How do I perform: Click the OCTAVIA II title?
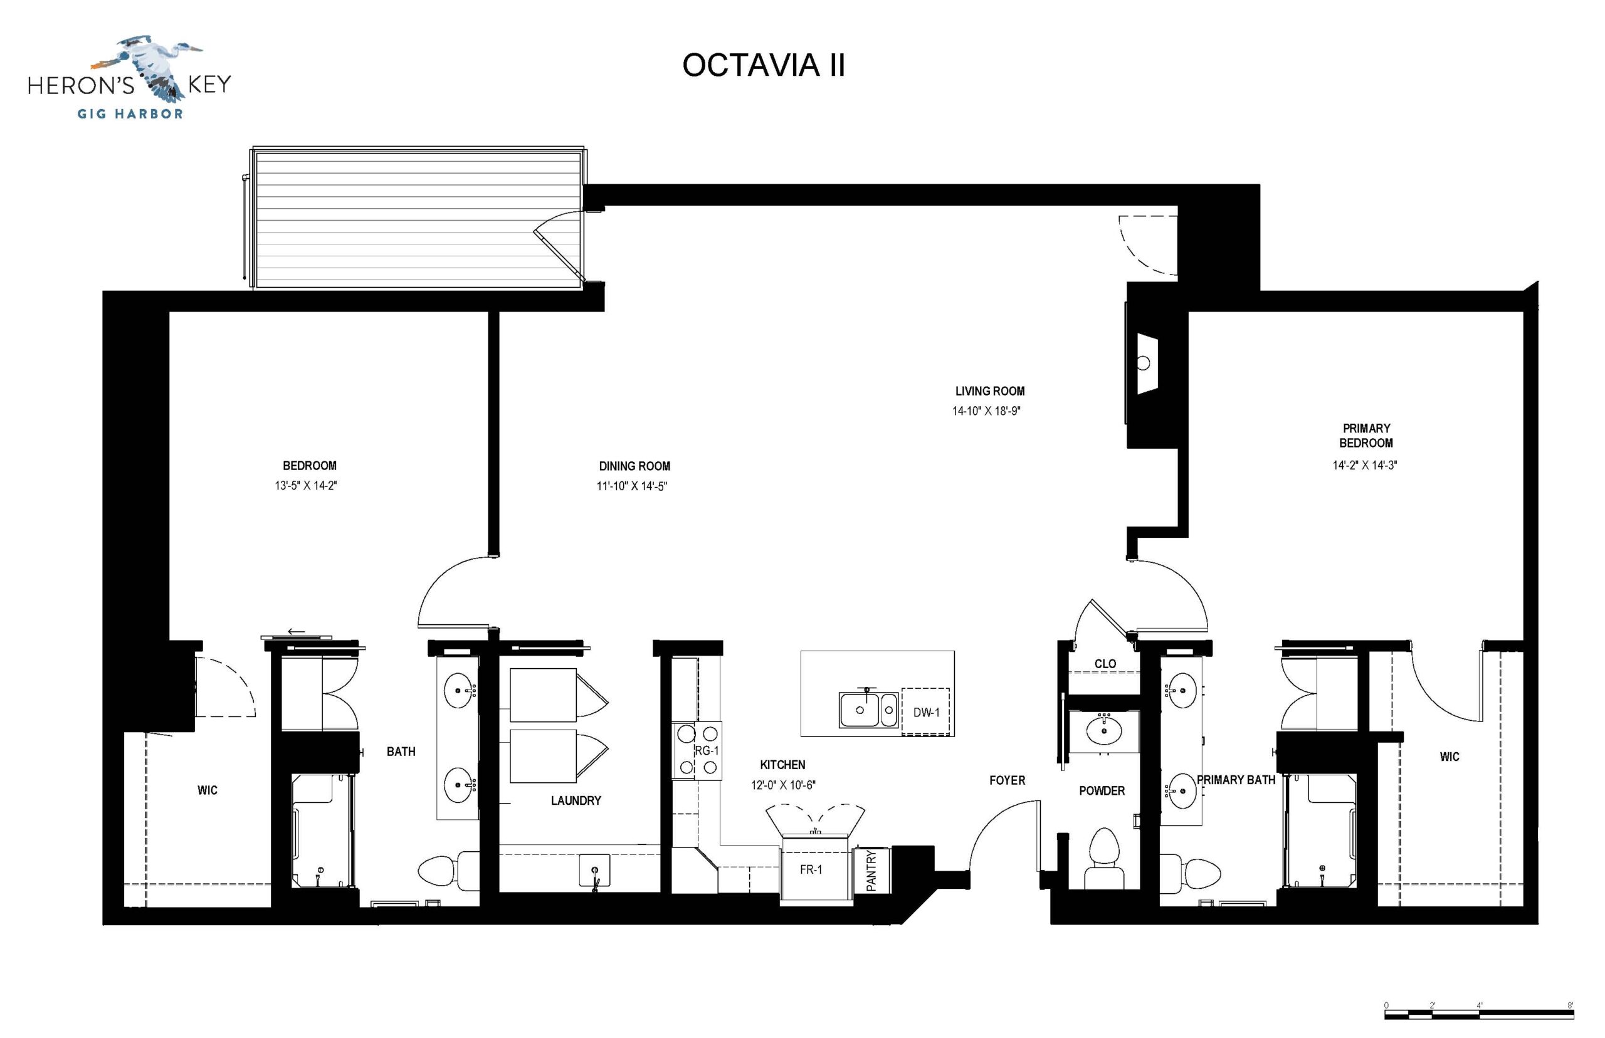(763, 65)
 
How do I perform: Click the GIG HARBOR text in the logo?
(130, 114)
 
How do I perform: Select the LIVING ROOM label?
(989, 391)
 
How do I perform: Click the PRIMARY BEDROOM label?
(1366, 436)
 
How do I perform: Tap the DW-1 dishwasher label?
(926, 713)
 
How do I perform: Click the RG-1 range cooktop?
(698, 750)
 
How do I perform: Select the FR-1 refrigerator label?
(810, 869)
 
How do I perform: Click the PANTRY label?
(871, 871)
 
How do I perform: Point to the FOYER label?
(1007, 780)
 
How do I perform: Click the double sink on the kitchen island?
(869, 710)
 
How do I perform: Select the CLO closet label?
(1105, 664)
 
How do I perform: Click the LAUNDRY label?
(576, 800)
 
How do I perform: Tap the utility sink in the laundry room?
(594, 871)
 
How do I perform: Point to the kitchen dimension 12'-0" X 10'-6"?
(783, 785)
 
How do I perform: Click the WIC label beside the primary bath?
(1450, 757)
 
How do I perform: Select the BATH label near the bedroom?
(401, 752)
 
